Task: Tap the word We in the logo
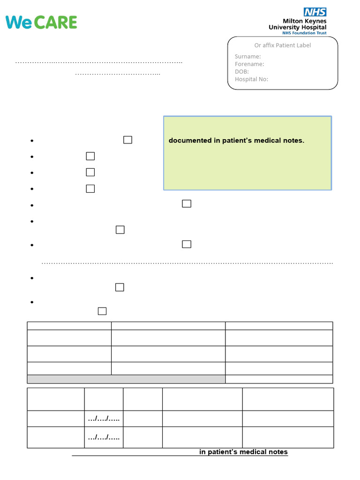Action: [x=18, y=22]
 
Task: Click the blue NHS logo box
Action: [x=315, y=12]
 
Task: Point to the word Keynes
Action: [x=315, y=21]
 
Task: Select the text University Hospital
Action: [x=297, y=27]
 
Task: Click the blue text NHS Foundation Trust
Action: [x=304, y=33]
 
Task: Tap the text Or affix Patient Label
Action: [x=283, y=45]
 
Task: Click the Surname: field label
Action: [x=247, y=57]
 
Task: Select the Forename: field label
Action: [x=249, y=64]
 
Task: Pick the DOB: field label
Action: [x=242, y=72]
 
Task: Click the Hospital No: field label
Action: [x=251, y=79]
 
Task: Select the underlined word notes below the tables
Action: [x=277, y=452]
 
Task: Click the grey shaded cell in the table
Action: [x=126, y=379]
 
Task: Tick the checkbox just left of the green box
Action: [x=127, y=140]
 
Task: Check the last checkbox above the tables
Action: [x=102, y=311]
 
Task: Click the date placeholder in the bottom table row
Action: [x=104, y=437]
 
